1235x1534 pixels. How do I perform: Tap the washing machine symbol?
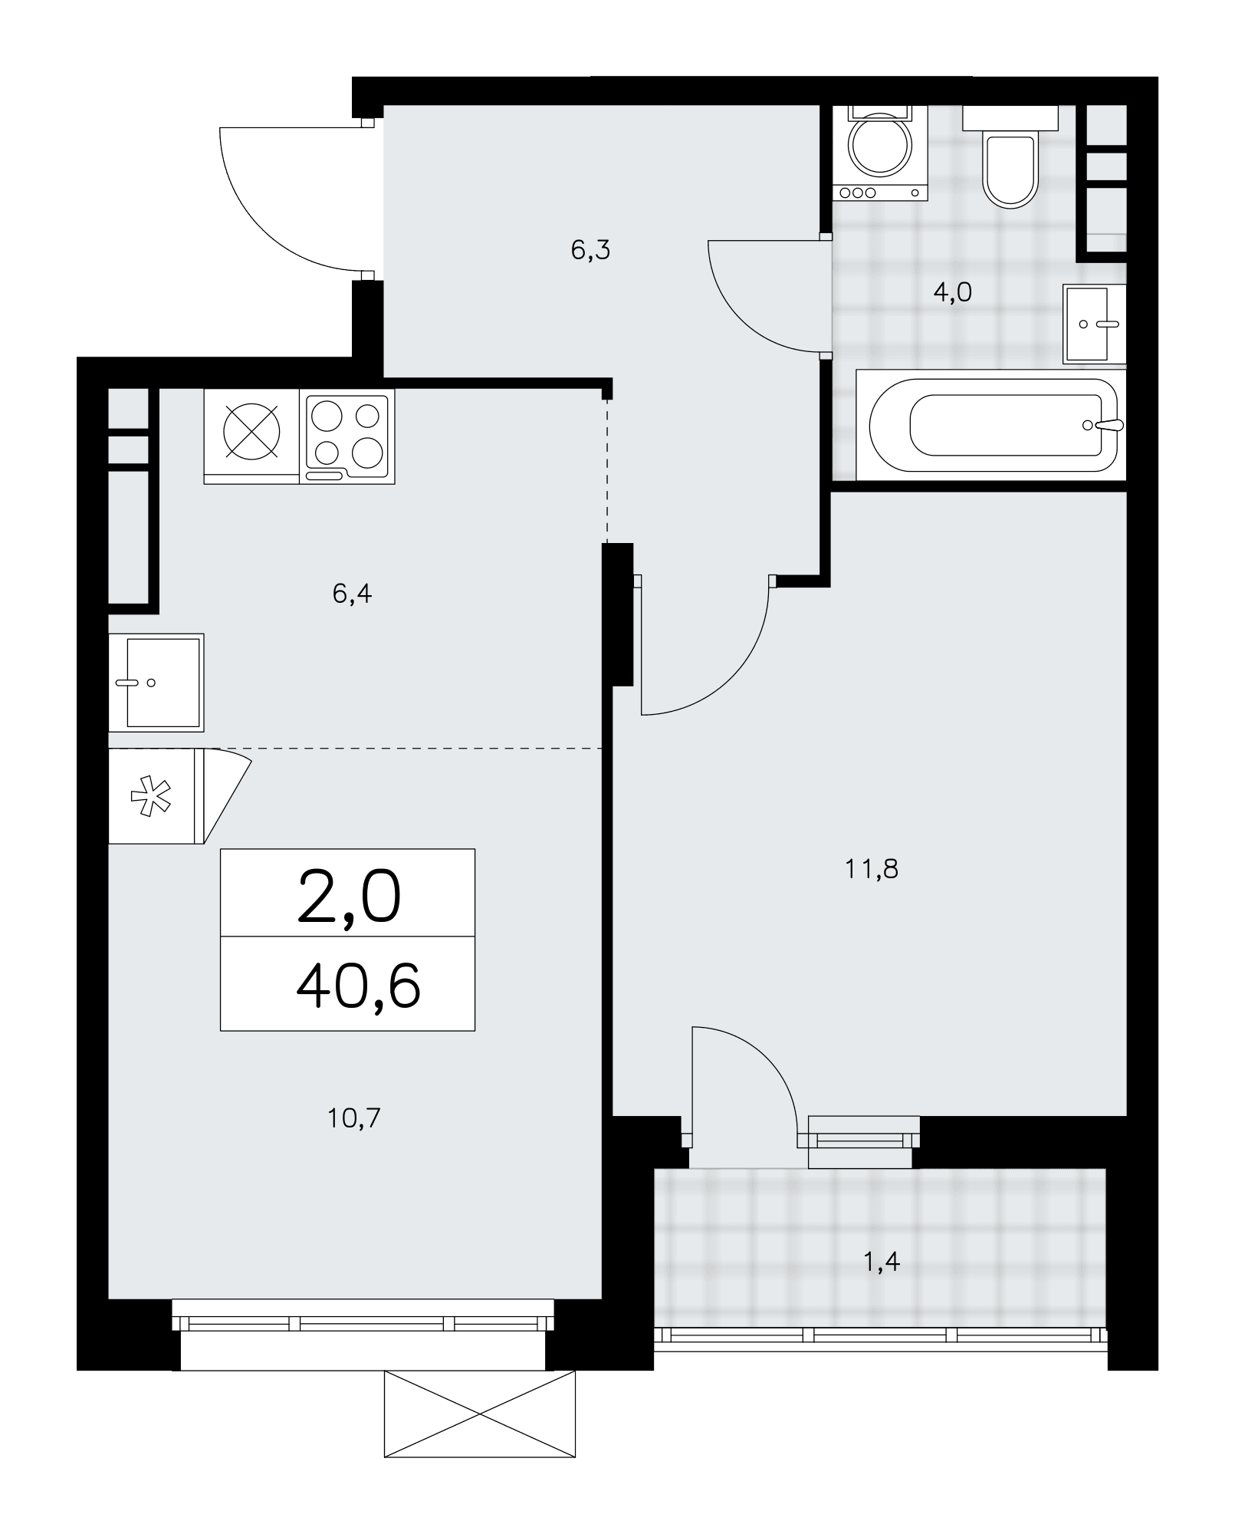pos(880,153)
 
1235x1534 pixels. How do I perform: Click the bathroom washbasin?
pos(1095,324)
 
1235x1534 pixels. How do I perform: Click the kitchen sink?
pos(156,682)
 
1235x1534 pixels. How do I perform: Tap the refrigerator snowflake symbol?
pos(151,795)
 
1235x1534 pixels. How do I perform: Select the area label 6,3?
pos(590,250)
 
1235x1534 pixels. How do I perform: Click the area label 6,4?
pos(352,593)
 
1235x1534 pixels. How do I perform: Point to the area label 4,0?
pos(952,291)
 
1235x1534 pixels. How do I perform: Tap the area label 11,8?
pos(872,869)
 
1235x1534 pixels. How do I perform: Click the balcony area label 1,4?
pos(882,1261)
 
